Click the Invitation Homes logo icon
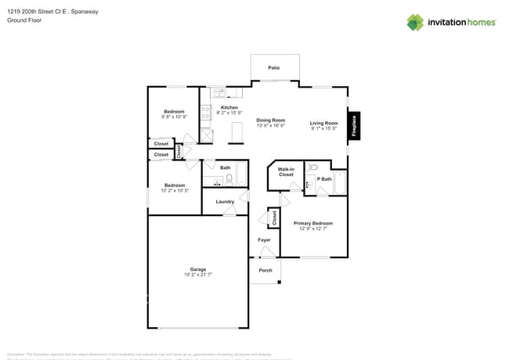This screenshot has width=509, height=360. [x=415, y=22]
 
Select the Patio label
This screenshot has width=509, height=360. [x=274, y=68]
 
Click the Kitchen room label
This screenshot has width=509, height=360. [x=229, y=107]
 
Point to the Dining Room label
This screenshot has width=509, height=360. [x=271, y=120]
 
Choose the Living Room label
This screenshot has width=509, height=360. [x=323, y=123]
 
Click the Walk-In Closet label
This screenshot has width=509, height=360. [x=286, y=171]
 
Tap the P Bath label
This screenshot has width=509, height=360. [x=324, y=178]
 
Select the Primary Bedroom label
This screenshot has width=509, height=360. [x=313, y=223]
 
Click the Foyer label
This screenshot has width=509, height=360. [x=265, y=239]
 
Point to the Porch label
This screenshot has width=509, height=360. [x=265, y=271]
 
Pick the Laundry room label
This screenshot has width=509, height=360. [x=226, y=202]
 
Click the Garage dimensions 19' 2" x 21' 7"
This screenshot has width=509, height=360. [x=197, y=275]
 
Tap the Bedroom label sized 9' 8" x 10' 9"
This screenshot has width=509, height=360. [x=174, y=112]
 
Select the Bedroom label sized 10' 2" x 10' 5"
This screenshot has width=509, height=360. [x=174, y=185]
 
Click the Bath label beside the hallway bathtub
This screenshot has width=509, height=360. [x=225, y=167]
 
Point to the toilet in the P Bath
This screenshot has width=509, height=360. [x=312, y=167]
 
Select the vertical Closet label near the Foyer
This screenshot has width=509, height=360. [x=274, y=218]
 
